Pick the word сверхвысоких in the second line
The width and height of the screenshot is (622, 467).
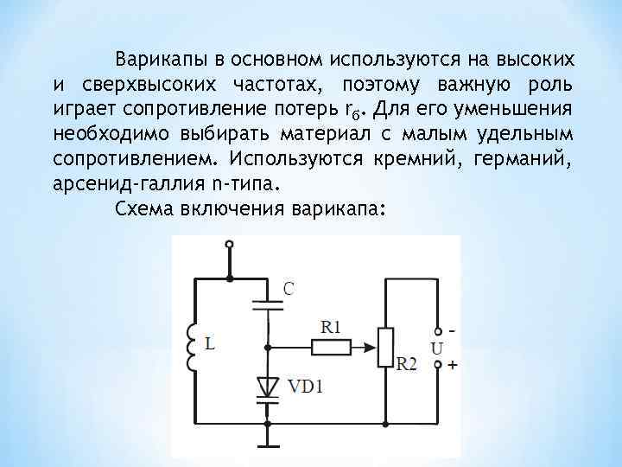[x=152, y=86]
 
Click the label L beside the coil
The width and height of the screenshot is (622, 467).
[x=211, y=344]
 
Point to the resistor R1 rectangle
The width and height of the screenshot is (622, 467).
[x=331, y=347]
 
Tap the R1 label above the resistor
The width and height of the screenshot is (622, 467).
[x=331, y=327]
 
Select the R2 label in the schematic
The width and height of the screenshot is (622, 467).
[x=406, y=365]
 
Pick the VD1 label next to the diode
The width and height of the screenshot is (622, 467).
[x=304, y=386]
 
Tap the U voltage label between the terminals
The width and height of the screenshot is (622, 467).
[x=437, y=348]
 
